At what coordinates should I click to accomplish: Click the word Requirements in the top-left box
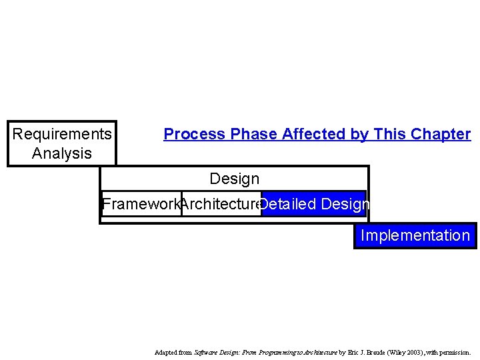point(62,134)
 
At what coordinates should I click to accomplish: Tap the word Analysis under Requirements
point(62,153)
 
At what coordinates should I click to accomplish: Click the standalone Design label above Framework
point(234,179)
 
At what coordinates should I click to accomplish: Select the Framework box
point(141,204)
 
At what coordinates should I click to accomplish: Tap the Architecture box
point(220,204)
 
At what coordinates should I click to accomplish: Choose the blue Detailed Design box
point(313,204)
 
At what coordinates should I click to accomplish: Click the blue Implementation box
point(415,235)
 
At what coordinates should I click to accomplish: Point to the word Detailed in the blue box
point(288,204)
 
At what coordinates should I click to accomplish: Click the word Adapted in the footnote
point(166,352)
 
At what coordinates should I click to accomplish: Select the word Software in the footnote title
point(206,352)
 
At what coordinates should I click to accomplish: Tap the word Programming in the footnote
point(268,352)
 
